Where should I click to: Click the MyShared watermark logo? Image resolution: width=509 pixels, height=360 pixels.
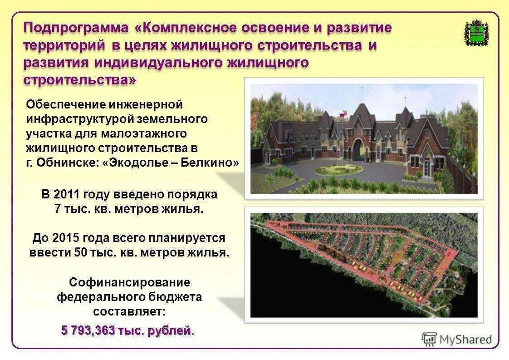coord(457,339)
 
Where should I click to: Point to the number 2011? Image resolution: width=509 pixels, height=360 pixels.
coord(67,195)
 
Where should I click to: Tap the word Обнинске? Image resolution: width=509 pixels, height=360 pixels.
coord(65,163)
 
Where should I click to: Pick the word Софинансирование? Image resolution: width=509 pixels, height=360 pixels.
coord(129,282)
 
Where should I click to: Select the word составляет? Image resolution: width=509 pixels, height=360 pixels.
coord(129,312)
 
